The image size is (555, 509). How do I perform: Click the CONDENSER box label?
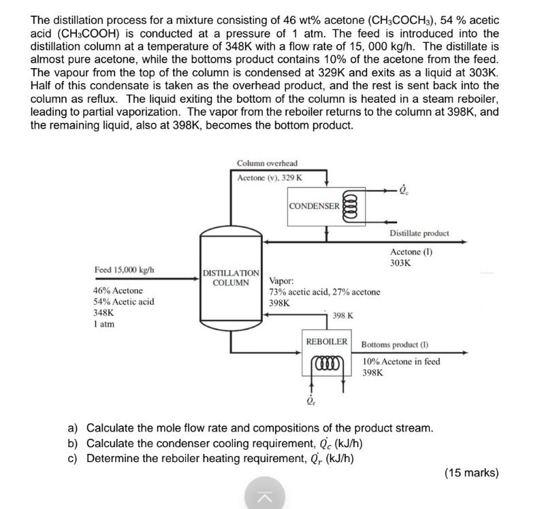314,206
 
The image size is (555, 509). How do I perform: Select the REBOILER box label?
327,342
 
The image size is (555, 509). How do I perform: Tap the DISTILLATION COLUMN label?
231,278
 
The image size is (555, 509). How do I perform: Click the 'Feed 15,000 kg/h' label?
124,269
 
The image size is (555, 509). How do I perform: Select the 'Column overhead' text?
267,163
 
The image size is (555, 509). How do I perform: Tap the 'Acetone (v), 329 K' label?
270,178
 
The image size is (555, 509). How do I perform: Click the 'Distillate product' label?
419,233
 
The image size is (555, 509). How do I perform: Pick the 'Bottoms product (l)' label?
395,346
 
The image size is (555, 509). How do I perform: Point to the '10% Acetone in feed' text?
401,361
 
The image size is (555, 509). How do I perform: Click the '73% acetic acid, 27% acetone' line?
325,292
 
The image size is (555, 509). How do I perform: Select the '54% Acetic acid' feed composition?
123,301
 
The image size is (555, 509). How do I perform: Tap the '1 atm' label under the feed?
104,324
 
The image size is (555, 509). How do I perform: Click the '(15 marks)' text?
471,472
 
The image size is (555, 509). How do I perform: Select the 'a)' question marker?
73,428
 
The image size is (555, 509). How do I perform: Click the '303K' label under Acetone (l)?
400,263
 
